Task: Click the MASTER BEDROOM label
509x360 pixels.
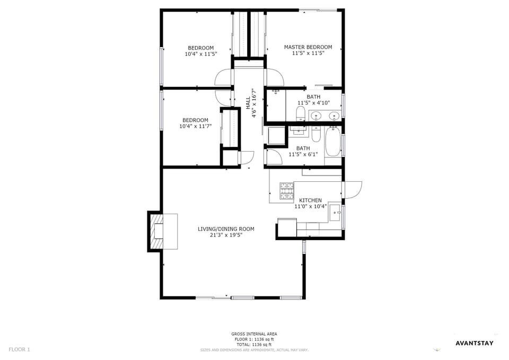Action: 308,47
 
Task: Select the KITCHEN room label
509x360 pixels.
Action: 310,200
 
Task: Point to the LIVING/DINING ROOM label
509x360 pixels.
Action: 226,229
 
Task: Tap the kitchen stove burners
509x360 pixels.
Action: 287,191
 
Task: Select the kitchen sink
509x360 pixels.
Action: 336,214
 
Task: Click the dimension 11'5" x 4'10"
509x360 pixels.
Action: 313,103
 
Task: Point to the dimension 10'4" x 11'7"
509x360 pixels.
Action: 195,126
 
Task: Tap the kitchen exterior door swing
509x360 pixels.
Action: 353,189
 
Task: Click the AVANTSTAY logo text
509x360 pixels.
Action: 475,343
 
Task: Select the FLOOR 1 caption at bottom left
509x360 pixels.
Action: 20,349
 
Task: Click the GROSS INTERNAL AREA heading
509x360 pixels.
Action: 254,334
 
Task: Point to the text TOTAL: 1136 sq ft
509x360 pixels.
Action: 254,344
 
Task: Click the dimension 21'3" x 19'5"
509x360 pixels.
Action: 226,235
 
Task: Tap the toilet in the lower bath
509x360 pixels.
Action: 316,135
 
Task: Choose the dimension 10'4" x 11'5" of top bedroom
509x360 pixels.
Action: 200,54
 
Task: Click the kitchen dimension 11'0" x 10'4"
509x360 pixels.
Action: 310,206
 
